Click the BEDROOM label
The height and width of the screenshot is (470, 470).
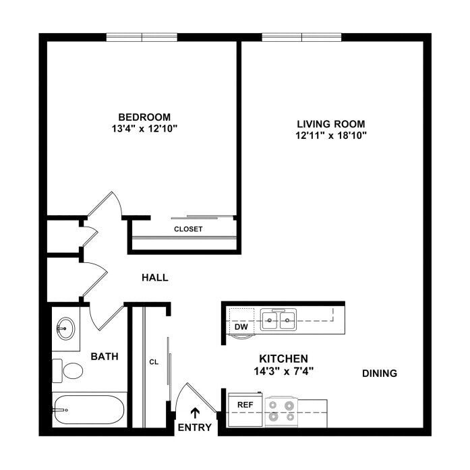click(144, 117)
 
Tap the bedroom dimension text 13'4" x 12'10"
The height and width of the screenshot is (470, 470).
click(144, 129)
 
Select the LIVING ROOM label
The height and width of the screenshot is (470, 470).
click(331, 124)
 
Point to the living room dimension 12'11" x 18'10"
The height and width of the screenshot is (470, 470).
click(331, 136)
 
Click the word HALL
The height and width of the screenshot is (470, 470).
click(155, 278)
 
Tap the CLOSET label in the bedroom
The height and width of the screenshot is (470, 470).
click(188, 229)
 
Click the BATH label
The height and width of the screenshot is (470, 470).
click(105, 357)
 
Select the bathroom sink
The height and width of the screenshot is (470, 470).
click(65, 328)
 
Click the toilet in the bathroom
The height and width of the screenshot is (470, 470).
click(67, 371)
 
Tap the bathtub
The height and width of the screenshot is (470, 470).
click(88, 410)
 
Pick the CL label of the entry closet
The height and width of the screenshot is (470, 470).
click(154, 362)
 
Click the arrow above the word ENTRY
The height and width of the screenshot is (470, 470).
click(195, 413)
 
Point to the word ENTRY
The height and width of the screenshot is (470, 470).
click(195, 427)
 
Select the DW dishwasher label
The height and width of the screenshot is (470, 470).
click(241, 327)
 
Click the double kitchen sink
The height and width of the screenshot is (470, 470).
click(278, 320)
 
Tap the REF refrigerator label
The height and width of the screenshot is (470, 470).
click(245, 405)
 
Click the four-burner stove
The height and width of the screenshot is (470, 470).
click(281, 411)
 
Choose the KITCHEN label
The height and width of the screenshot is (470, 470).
click(284, 359)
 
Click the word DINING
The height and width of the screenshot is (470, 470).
click(380, 374)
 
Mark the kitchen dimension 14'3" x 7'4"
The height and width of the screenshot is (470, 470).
click(284, 372)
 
